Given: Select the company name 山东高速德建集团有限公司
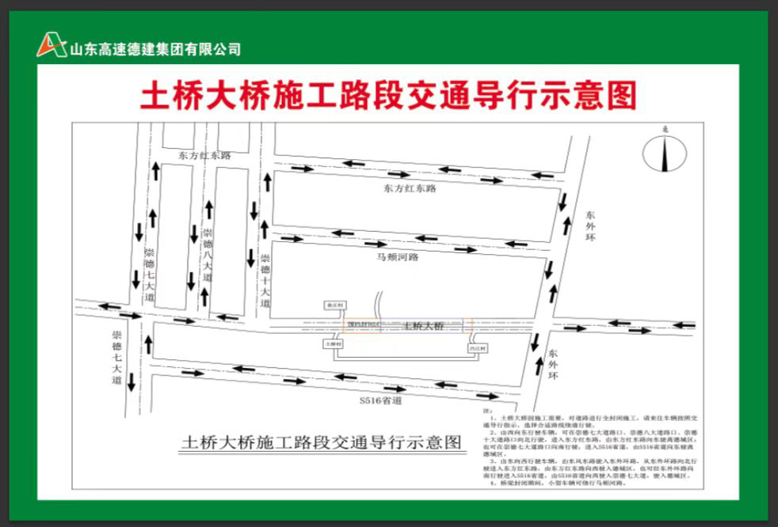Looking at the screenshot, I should coord(155,49).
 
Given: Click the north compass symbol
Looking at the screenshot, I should coord(665,152).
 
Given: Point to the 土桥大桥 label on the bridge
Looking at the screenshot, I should coord(423,326).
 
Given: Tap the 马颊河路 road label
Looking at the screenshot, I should coord(397,257).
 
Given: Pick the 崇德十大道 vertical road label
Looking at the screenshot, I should coord(265,281).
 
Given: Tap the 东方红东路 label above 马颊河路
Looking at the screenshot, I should coord(410,189).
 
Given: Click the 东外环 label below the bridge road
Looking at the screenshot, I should coord(553,366).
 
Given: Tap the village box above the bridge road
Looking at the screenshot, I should coord(331,303).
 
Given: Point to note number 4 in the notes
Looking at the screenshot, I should coord(555,482).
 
